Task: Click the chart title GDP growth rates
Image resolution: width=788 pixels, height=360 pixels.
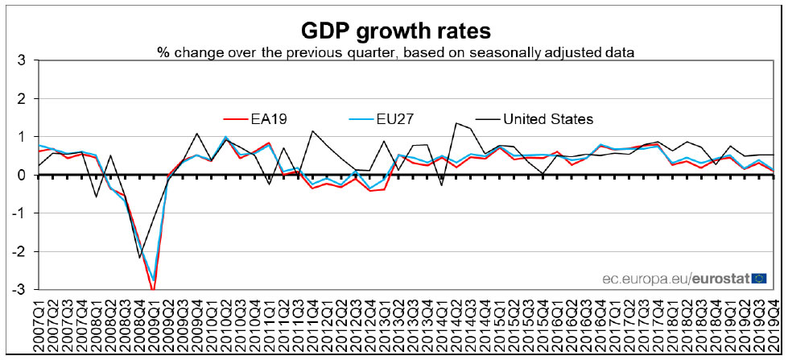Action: pyautogui.click(x=395, y=31)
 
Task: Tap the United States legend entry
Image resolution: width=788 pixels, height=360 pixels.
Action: pyautogui.click(x=547, y=119)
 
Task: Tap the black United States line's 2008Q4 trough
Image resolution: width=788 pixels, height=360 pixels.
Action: pyautogui.click(x=139, y=258)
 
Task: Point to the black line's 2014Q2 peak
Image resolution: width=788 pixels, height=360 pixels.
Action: pyautogui.click(x=456, y=123)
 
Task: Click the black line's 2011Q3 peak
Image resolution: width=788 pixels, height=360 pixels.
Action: pyautogui.click(x=312, y=130)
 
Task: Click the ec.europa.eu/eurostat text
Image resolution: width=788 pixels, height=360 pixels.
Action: pyautogui.click(x=676, y=278)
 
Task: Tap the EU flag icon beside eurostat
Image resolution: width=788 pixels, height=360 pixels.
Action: pyautogui.click(x=759, y=278)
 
